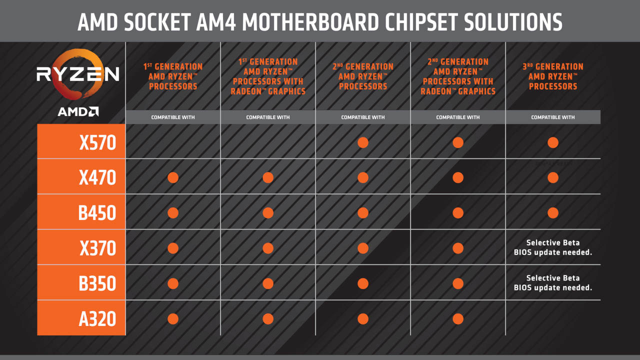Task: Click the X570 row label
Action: (x=97, y=142)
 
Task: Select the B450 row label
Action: (x=97, y=213)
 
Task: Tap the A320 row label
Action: (x=97, y=319)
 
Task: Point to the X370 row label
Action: (x=97, y=248)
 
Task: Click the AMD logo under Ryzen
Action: (x=78, y=111)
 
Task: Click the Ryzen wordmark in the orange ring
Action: (x=77, y=74)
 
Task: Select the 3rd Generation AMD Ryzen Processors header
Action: (x=553, y=76)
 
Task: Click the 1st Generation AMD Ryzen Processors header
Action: (x=173, y=76)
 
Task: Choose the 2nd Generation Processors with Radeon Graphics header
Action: (x=457, y=76)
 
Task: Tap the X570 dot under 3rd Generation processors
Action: (x=553, y=142)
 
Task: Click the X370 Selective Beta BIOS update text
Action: (x=553, y=247)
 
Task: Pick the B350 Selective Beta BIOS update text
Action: (x=553, y=283)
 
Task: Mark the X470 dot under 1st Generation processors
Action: (x=173, y=177)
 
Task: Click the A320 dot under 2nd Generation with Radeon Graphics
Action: (x=457, y=319)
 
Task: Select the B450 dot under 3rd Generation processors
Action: (x=553, y=213)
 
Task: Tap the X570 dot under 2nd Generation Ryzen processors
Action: (x=363, y=142)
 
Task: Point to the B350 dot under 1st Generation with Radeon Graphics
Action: (x=268, y=283)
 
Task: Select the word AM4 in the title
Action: (x=215, y=22)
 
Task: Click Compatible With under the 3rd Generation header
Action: (x=553, y=117)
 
